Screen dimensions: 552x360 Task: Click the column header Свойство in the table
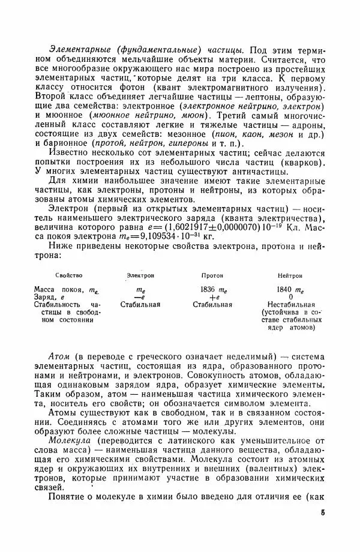point(68,275)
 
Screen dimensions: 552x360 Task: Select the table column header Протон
point(212,275)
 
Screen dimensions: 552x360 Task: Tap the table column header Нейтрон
point(290,275)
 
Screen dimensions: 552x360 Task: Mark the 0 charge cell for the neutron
point(290,296)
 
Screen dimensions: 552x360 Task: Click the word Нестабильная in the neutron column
point(290,304)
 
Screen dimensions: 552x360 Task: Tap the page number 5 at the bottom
point(322,514)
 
